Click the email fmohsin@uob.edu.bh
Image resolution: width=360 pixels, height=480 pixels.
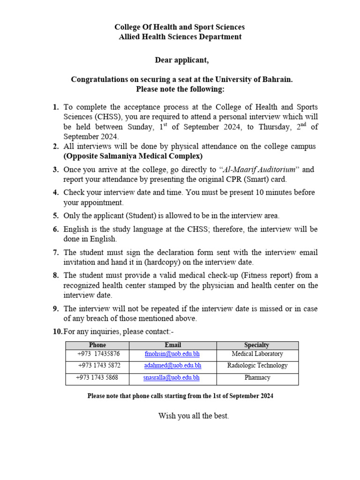(x=172, y=354)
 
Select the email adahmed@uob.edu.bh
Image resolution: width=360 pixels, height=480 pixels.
(x=172, y=366)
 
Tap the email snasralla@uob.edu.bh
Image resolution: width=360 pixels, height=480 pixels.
(x=172, y=377)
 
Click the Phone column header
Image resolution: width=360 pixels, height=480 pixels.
(x=97, y=345)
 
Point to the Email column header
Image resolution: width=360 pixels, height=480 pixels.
(x=172, y=345)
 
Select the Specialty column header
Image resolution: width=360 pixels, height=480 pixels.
(x=257, y=345)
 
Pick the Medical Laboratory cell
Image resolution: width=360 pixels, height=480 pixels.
(x=257, y=354)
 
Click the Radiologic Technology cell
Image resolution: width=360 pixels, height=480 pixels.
(x=257, y=366)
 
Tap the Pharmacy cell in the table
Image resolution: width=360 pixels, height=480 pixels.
(x=257, y=377)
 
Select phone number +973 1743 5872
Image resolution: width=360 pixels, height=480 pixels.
(x=99, y=366)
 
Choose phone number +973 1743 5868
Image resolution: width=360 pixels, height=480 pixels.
(x=97, y=377)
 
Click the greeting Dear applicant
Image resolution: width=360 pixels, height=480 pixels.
(x=182, y=60)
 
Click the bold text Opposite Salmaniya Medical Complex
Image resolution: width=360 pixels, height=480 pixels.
(x=133, y=156)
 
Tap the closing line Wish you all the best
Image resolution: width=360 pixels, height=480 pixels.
(x=194, y=416)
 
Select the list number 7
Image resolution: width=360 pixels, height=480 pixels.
(x=55, y=253)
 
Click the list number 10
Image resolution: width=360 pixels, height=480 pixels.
(x=57, y=332)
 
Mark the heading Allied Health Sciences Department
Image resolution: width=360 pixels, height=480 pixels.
(x=180, y=37)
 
